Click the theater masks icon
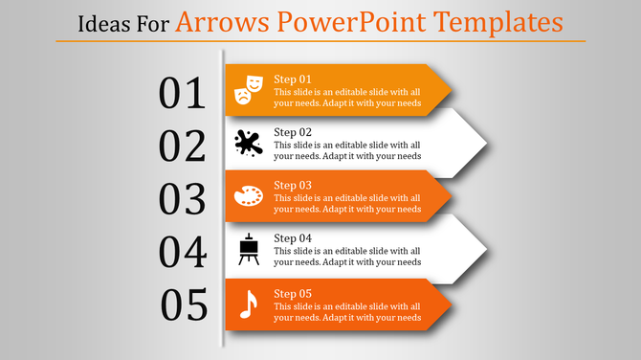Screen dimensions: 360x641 (x=248, y=90)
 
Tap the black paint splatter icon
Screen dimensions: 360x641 (x=248, y=144)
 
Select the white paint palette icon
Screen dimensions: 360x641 (x=248, y=197)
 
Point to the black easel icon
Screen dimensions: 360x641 (x=249, y=250)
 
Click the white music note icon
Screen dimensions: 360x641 (x=248, y=304)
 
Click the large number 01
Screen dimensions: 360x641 (x=183, y=94)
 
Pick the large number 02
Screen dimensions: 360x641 (x=183, y=146)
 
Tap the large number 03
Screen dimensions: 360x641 (x=183, y=199)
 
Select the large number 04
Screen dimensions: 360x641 (x=183, y=253)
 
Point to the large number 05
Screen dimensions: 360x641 (x=185, y=305)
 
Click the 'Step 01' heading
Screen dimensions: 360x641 (x=293, y=79)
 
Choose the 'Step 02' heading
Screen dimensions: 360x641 (x=293, y=132)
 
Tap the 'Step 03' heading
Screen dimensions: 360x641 (x=293, y=185)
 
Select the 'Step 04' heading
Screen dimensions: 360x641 (x=293, y=238)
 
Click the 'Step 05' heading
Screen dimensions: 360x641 (x=293, y=293)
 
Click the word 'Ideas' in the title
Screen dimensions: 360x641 (x=101, y=21)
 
